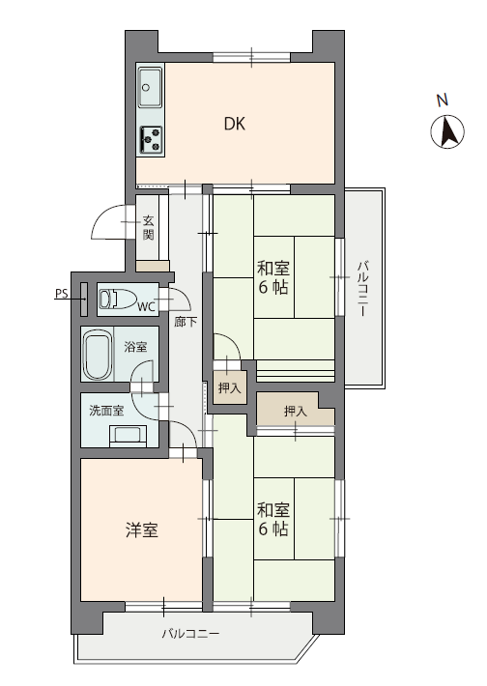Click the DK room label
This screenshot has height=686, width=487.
click(235, 124)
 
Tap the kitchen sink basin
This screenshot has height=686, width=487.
click(150, 88)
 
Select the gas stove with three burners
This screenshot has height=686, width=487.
click(151, 140)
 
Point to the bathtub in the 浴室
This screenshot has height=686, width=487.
click(97, 355)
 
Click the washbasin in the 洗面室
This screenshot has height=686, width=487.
click(128, 436)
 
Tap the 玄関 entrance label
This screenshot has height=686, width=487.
click(148, 227)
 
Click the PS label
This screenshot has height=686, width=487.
click(62, 294)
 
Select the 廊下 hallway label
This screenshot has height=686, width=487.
click(186, 323)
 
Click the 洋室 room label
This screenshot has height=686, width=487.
click(141, 530)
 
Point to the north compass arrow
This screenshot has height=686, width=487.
click(447, 131)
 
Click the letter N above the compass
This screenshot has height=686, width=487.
click(443, 100)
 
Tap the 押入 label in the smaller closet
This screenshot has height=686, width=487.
click(229, 387)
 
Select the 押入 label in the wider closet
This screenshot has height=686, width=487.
click(296, 411)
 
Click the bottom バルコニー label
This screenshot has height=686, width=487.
click(190, 634)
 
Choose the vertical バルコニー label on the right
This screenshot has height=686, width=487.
click(362, 288)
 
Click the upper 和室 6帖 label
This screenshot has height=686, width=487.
click(273, 277)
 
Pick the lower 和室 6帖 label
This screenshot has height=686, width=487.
click(273, 519)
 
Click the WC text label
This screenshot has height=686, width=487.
click(147, 307)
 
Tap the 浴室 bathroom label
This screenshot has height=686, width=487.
click(135, 348)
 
